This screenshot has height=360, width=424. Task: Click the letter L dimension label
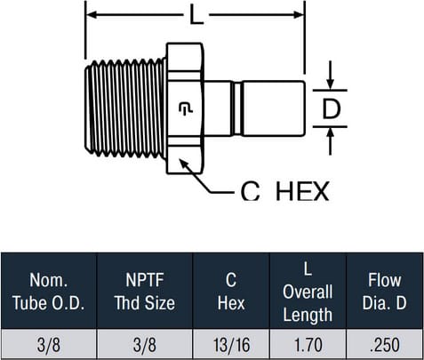click(196, 15)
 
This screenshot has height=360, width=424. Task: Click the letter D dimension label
click(331, 108)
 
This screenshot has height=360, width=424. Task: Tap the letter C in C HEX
click(251, 191)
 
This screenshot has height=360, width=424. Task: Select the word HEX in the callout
click(302, 191)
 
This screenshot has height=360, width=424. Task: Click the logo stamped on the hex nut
click(186, 108)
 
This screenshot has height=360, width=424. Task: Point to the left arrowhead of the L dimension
click(92, 14)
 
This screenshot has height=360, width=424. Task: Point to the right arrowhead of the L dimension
click(299, 14)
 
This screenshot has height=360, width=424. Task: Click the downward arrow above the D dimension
click(331, 75)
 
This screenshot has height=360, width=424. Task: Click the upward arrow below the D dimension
click(331, 141)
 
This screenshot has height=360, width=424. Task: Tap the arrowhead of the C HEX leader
click(183, 164)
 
